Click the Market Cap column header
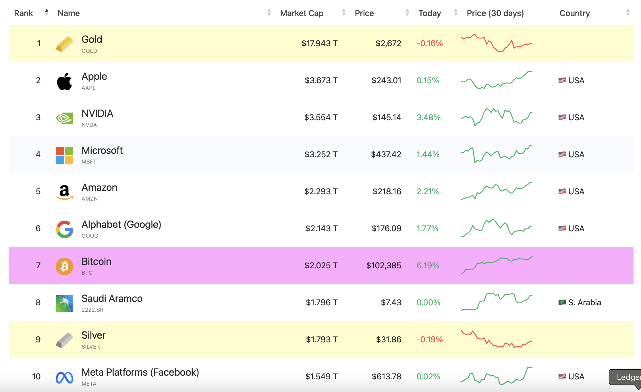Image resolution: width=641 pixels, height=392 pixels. coord(302,13)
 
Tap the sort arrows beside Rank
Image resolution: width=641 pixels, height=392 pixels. coord(47,12)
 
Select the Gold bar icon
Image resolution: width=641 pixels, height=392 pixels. coord(64,44)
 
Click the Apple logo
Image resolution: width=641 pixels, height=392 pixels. coord(64,81)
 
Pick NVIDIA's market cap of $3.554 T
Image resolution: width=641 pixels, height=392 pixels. coord(321,117)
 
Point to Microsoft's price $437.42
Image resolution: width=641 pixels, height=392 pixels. coord(386,154)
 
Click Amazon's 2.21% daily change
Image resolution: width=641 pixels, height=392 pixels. coord(428,191)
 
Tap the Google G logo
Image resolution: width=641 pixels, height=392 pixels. coord(64,229)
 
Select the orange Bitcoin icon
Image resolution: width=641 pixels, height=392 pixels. coord(64,266)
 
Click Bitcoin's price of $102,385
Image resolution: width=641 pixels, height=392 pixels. coord(384,265)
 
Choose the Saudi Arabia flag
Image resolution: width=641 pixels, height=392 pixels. coord(562,302)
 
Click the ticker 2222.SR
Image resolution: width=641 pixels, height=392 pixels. coord(92,310)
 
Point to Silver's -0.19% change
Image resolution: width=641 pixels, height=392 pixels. coord(430,339)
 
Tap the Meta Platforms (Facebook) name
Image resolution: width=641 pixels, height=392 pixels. coord(140,372)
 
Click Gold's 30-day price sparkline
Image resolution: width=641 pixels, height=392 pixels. coord(497,43)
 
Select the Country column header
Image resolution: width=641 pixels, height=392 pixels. coord(575,13)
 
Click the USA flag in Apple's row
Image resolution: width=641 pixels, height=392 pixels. coord(562,80)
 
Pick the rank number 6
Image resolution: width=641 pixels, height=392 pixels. coord(38,228)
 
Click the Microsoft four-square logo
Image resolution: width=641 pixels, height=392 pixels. coord(64,155)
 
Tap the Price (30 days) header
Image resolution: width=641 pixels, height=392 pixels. coord(495,13)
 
